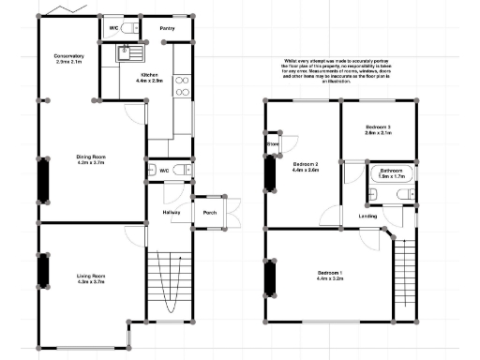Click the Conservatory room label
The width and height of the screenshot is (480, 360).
click(x=69, y=56)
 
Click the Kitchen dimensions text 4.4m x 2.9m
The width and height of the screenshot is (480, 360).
click(x=151, y=81)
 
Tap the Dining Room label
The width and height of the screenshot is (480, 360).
click(x=91, y=156)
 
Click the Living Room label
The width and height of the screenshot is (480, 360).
click(x=91, y=275)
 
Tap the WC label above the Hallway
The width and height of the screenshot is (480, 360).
click(x=163, y=171)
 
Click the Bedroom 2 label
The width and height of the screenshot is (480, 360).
click(x=307, y=164)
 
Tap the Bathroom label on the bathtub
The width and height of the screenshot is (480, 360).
click(x=391, y=171)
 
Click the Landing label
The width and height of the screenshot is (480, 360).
click(x=368, y=217)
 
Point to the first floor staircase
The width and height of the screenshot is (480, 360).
click(x=404, y=276)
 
